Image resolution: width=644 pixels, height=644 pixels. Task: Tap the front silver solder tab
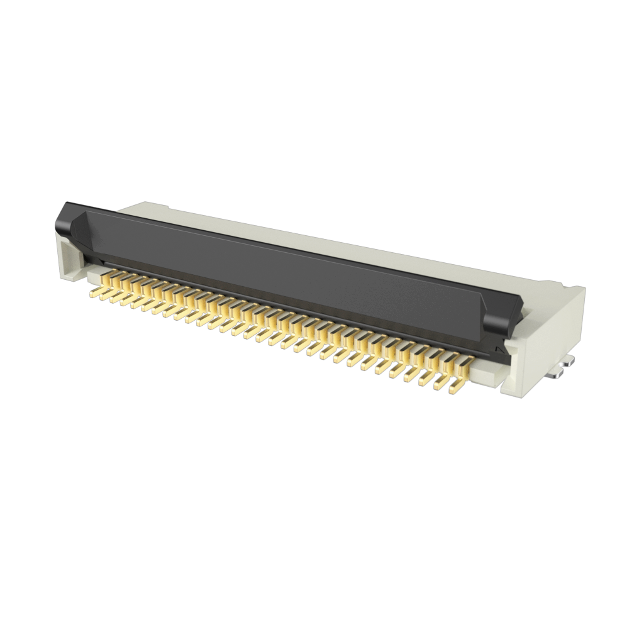(x=555, y=375)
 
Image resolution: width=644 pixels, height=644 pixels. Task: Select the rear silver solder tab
(x=569, y=363)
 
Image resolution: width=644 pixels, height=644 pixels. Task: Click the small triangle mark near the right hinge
(x=498, y=348)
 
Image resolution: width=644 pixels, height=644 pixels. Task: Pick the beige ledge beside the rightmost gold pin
(x=484, y=375)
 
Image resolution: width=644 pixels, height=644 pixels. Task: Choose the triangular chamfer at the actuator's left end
(x=79, y=230)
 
